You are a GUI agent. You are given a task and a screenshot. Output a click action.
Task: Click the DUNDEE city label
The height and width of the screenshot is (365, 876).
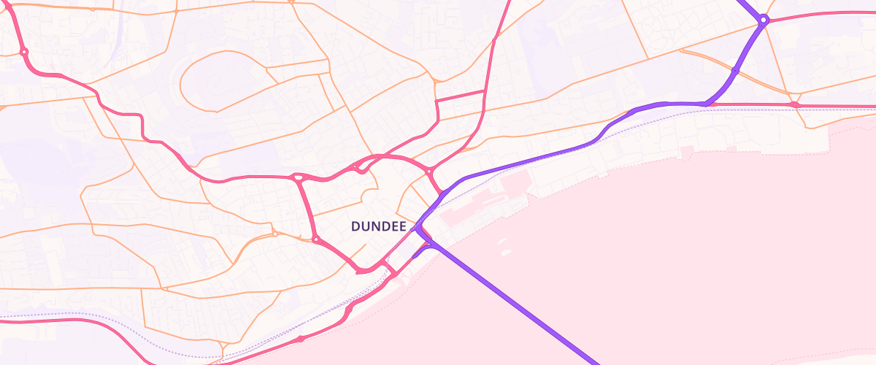pos(378,227)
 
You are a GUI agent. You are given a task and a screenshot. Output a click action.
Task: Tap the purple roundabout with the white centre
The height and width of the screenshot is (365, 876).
pos(763,20)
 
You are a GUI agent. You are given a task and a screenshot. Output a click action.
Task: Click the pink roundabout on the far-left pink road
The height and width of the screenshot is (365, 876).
pos(24,52)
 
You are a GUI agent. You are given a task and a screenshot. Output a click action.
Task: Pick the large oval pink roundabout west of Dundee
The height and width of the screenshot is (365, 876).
pos(298,177)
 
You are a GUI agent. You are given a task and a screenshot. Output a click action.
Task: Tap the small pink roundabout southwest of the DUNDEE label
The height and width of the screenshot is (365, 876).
pos(315,239)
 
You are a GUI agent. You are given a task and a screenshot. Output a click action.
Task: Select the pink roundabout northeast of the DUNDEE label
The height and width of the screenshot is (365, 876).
pos(429,172)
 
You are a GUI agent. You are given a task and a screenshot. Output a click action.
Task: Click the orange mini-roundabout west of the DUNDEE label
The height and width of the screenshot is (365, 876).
pos(274,234)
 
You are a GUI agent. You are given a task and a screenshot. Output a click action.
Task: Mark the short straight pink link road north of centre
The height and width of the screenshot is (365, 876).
pos(461,96)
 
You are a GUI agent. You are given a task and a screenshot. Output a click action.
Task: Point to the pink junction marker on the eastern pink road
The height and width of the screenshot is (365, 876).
pos(795,105)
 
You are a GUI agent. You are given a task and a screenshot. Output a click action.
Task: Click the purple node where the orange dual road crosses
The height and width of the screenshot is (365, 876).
pos(734,70)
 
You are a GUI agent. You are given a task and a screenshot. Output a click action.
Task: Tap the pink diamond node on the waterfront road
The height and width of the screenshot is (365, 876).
pos(300,339)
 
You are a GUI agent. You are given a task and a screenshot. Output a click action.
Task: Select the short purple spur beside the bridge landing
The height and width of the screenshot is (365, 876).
pos(418,252)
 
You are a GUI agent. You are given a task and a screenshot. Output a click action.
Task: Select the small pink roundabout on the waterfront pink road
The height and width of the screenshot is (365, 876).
pos(349,310)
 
